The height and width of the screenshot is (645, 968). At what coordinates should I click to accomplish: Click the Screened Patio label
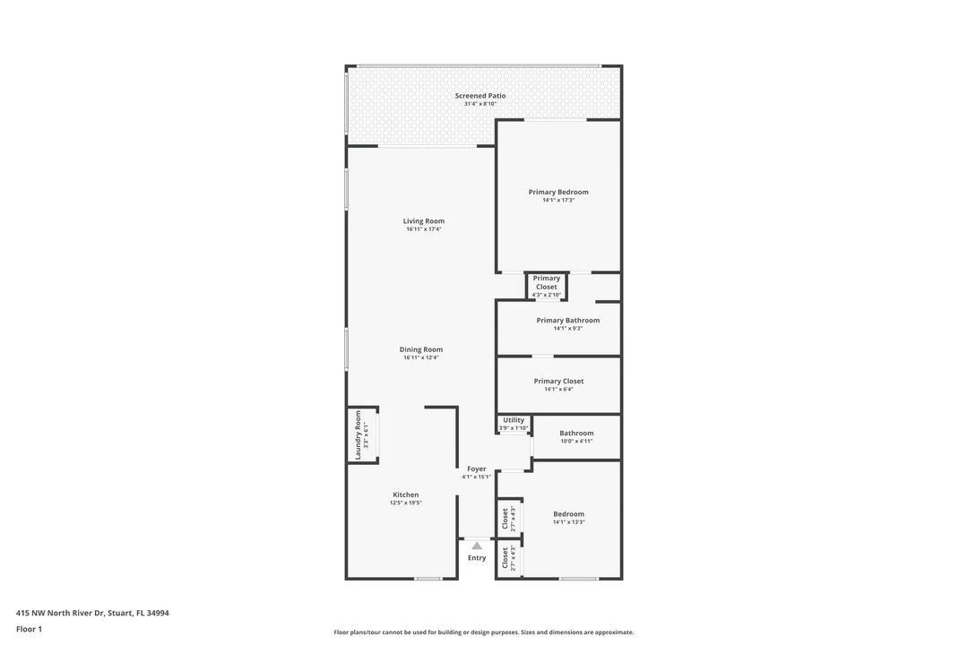[480, 96]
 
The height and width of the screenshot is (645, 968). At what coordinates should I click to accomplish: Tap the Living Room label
[423, 221]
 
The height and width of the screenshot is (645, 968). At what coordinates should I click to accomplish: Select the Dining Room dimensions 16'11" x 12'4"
[421, 358]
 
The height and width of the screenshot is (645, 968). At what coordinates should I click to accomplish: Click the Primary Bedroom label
[558, 192]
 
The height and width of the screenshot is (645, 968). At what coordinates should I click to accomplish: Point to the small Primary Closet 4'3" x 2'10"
[546, 283]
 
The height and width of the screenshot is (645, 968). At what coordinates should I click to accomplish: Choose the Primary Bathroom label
[567, 321]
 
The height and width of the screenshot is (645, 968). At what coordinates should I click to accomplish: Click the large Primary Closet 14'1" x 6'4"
[558, 382]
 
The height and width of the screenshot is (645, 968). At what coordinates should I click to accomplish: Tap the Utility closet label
[514, 421]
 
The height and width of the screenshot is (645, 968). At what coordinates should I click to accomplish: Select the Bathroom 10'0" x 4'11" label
[576, 434]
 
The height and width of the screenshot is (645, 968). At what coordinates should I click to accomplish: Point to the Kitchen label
[405, 494]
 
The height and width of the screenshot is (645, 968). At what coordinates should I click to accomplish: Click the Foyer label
[476, 469]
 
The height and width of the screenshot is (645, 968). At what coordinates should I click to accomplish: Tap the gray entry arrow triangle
[477, 546]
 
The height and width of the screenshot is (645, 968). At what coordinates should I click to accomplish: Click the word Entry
[477, 558]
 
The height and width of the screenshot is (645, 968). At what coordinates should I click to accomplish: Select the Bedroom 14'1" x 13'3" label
[568, 514]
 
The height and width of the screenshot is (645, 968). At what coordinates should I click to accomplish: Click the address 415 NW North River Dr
[92, 614]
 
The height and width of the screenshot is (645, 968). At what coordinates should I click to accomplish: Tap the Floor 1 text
[29, 630]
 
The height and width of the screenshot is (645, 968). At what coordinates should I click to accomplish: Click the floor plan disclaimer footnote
[483, 632]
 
